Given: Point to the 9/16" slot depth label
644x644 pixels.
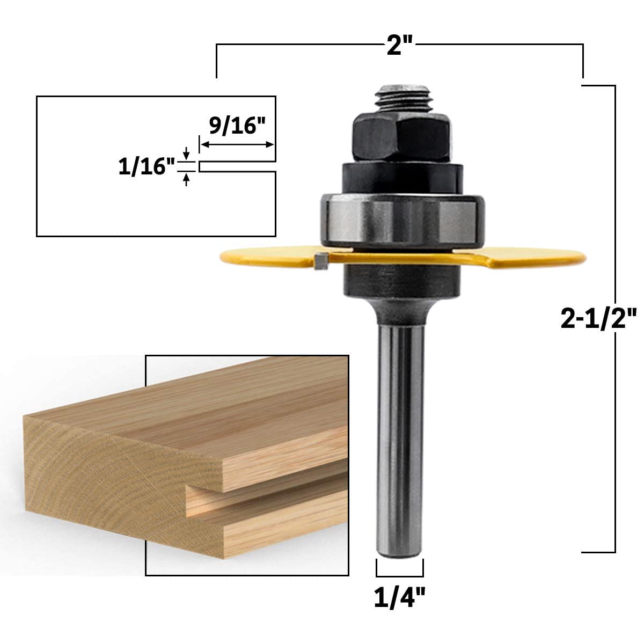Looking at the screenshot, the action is click(237, 126).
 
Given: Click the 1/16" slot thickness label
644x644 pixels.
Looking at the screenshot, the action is click(147, 166).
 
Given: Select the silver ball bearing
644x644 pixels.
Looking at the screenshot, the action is click(402, 221).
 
